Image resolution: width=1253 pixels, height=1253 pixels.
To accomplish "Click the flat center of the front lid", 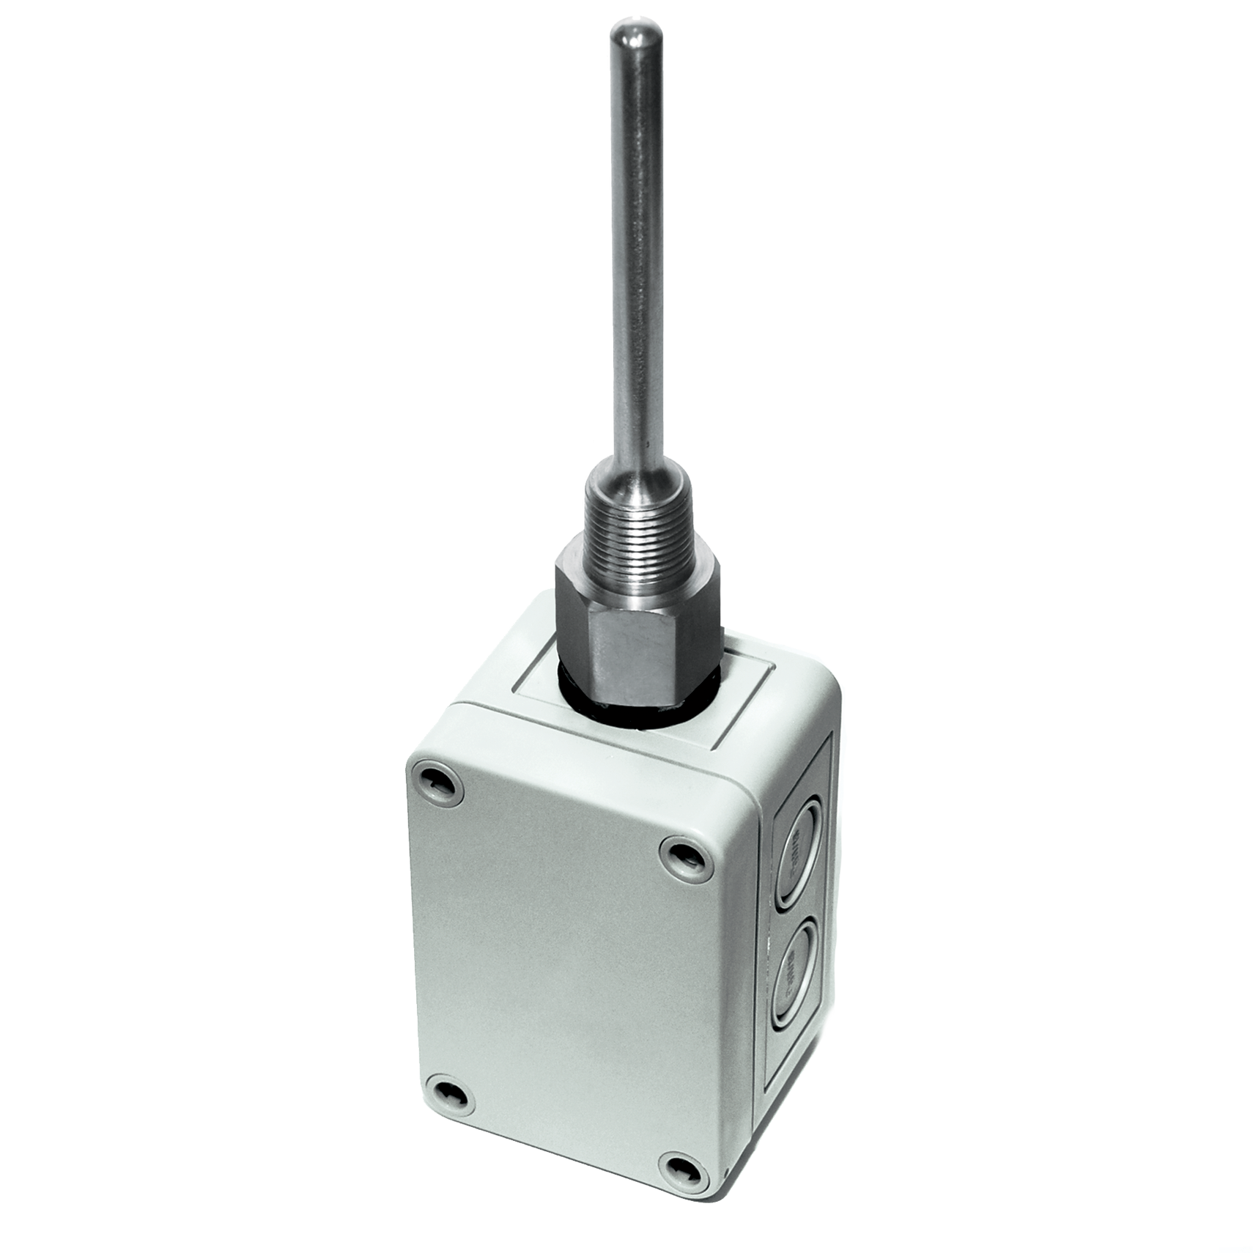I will (564, 975).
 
